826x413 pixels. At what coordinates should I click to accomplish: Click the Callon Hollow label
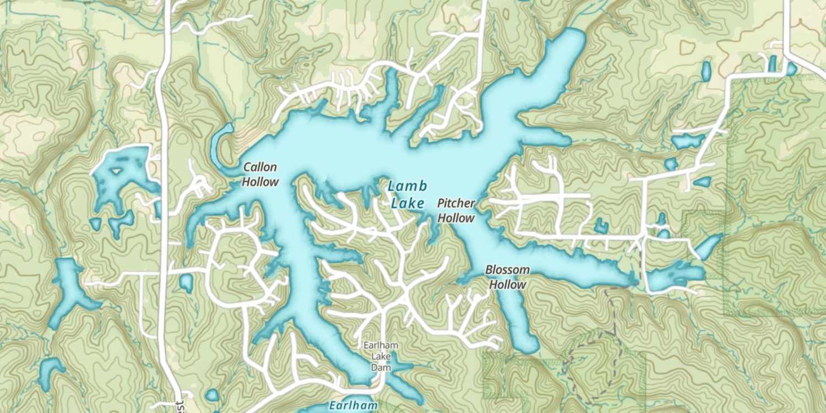[260, 174]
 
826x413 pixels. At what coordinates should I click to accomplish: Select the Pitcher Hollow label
[456, 210]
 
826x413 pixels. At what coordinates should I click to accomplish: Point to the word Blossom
[507, 270]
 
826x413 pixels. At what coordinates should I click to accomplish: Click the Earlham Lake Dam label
[380, 356]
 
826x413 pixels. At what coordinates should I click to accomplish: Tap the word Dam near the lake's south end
[380, 367]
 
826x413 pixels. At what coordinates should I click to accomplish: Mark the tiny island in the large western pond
[116, 171]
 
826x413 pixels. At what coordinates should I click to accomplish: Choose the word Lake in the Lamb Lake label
[407, 203]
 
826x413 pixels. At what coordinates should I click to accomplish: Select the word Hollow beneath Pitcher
[456, 218]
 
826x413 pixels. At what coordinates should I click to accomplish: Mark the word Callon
[260, 167]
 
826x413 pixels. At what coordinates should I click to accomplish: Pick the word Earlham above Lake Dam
[380, 345]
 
